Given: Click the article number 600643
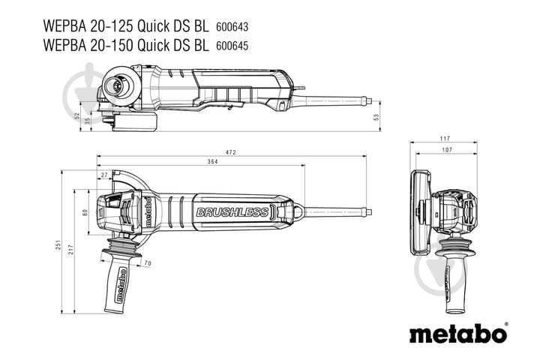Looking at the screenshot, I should pos(233,26).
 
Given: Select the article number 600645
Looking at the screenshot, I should pos(233,45).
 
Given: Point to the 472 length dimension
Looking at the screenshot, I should pos(231,153).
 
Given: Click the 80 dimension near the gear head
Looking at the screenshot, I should pos(85,212).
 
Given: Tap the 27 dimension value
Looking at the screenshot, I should pos(103,175).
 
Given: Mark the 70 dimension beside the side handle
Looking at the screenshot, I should pos(147,263).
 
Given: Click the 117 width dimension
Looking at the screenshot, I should pos(445,139).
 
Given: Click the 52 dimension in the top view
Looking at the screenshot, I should pos(76,115).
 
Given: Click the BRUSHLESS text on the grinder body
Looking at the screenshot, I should pos(232,212).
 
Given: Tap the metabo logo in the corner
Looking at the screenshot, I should pos(457,332).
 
